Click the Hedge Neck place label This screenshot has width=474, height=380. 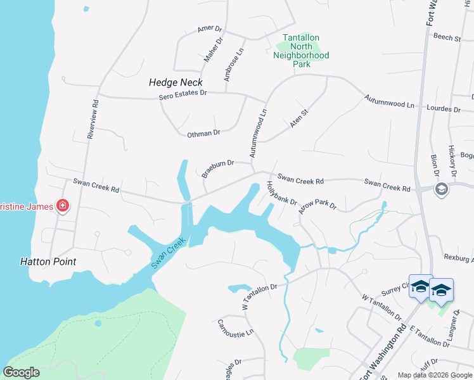pyautogui.click(x=176, y=82)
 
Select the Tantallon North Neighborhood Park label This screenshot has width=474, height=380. pyautogui.click(x=301, y=51)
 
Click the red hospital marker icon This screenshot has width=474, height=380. pyautogui.click(x=62, y=205)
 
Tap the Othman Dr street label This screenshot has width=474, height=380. pyautogui.click(x=203, y=133)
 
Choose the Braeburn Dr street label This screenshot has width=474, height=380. pyautogui.click(x=218, y=168)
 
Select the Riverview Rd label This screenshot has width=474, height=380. pyautogui.click(x=93, y=119)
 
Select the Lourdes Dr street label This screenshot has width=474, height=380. pyautogui.click(x=444, y=108)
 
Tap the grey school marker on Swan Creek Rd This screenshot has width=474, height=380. pyautogui.click(x=442, y=189)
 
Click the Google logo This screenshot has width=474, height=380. pyautogui.click(x=21, y=372)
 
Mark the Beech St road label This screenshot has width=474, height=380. pyautogui.click(x=447, y=37)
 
